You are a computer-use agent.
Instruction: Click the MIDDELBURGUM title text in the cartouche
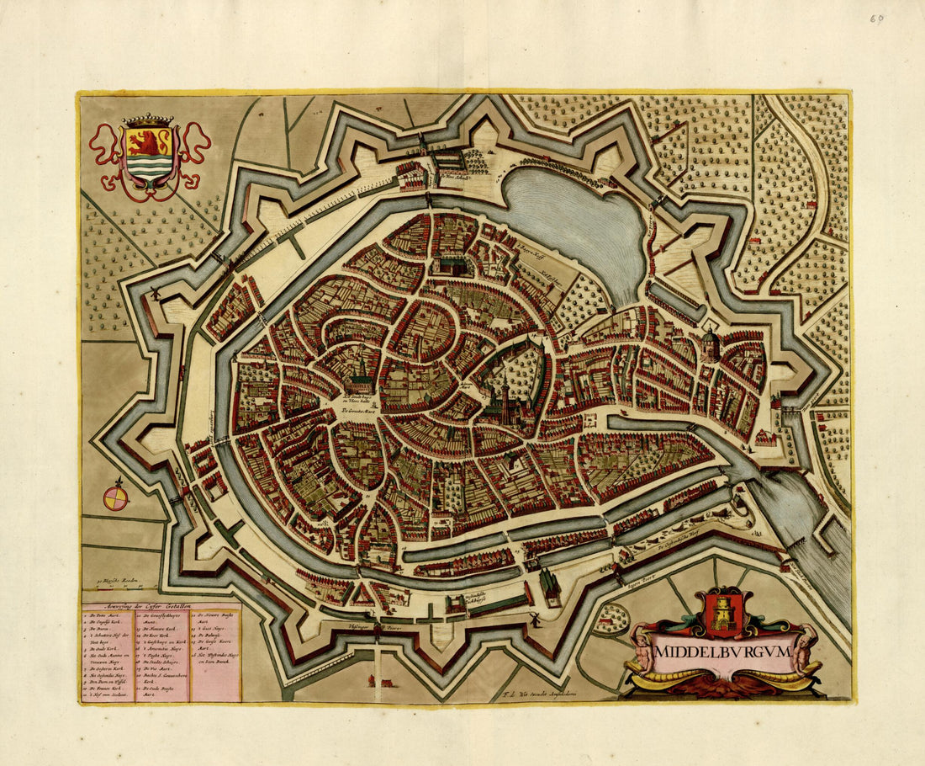click(722, 652)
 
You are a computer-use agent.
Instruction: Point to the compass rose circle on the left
click(115, 498)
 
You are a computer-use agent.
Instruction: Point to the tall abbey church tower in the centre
click(505, 396)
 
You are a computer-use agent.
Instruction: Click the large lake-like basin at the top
click(580, 219)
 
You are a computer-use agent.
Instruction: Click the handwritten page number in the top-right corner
click(878, 18)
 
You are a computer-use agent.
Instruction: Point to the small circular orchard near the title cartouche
click(611, 620)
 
